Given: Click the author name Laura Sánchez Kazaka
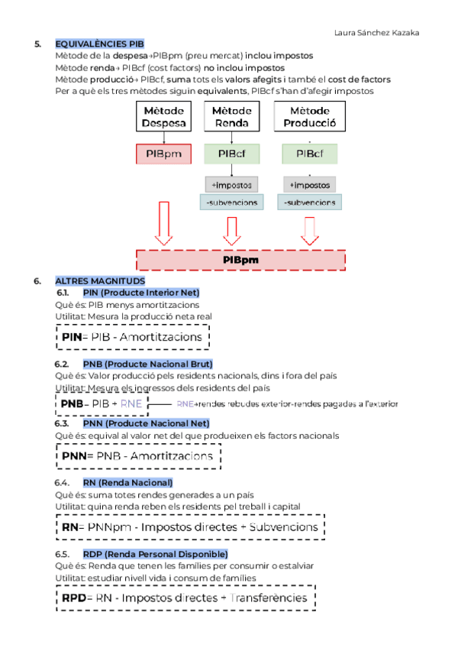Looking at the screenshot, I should [376, 33].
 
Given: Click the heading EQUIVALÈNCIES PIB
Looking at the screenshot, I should [99, 44].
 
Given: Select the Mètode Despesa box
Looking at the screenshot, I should [164, 117].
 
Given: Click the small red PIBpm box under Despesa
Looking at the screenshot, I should [164, 154].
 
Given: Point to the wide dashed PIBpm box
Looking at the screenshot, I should [240, 260].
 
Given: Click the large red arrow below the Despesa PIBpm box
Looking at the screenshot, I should [163, 223].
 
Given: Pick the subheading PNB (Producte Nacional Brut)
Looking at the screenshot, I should [147, 363].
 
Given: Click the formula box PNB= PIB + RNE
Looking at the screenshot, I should [102, 403].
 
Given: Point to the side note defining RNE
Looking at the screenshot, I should [287, 403].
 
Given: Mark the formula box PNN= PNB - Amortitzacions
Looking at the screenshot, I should [138, 456].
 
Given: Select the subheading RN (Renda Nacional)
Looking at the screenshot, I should [127, 482].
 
